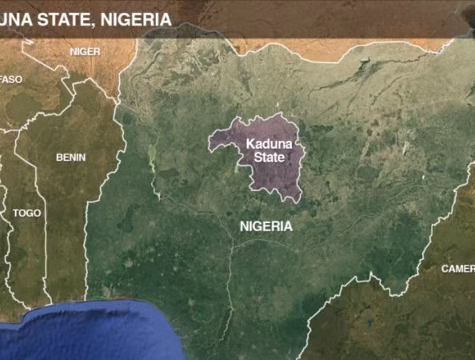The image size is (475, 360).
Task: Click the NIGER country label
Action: (85, 51)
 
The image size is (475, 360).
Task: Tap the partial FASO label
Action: (11, 79)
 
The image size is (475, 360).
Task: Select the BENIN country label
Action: (70, 158)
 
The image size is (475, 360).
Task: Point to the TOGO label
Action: (26, 214)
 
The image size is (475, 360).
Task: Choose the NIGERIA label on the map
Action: (265, 226)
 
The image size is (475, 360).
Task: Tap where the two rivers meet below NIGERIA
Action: (234, 246)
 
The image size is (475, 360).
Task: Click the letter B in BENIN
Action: (59, 158)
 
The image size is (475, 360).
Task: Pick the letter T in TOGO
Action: (16, 214)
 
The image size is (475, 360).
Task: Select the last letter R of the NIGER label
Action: (98, 51)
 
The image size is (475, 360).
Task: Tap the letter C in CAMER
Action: (445, 269)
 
